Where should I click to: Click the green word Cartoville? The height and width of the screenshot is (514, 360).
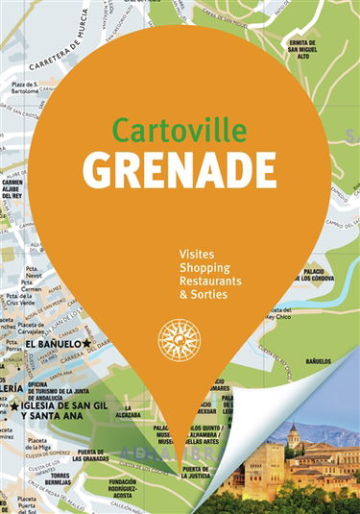coord(180,128)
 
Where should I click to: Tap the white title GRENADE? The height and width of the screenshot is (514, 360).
coord(180,169)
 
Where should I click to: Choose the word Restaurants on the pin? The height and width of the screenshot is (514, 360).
coord(210,283)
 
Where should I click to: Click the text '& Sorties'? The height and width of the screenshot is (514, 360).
coord(204,299)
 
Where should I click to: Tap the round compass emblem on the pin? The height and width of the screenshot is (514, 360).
coord(180,340)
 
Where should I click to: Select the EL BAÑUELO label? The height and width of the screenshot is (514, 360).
coord(53,344)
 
